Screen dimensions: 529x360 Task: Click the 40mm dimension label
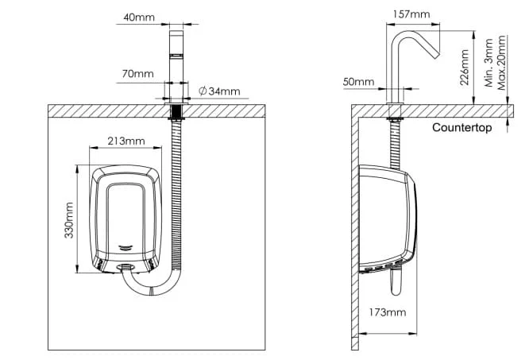pyautogui.click(x=139, y=17)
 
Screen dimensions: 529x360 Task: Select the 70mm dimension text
pyautogui.click(x=137, y=74)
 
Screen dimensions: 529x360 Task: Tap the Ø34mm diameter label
pyautogui.click(x=219, y=91)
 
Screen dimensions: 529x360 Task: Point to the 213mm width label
pyautogui.click(x=126, y=141)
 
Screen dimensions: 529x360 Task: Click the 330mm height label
pyautogui.click(x=69, y=220)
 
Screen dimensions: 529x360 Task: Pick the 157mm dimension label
pyautogui.click(x=411, y=14)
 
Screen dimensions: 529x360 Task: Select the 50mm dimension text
pyautogui.click(x=359, y=82)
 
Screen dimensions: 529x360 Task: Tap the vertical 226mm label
pyautogui.click(x=465, y=68)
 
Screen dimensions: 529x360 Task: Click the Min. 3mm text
pyautogui.click(x=488, y=63)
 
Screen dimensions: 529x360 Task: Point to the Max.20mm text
pyautogui.click(x=502, y=63)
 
